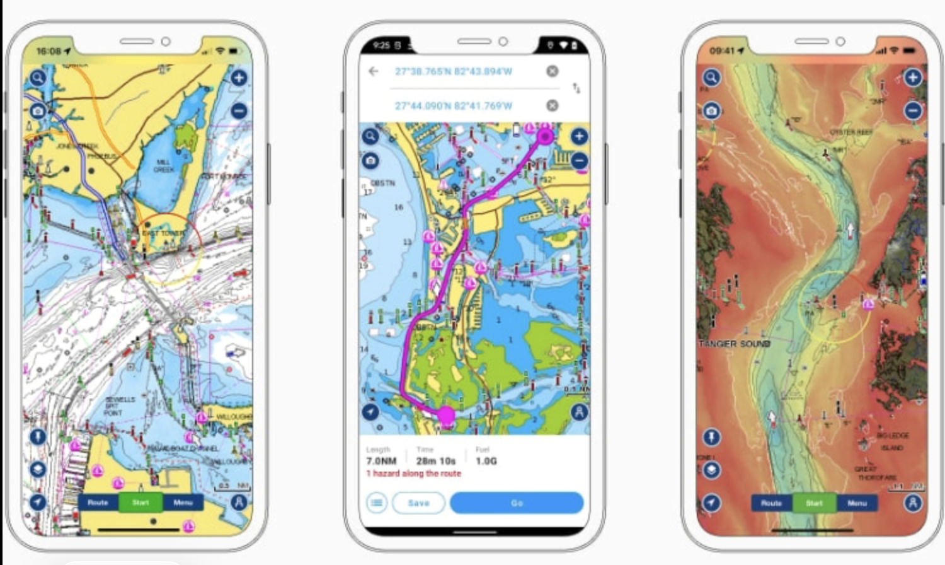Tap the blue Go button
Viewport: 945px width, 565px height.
[x=517, y=503]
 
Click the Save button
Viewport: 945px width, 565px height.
[x=418, y=503]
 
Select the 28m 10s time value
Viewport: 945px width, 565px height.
[x=435, y=461]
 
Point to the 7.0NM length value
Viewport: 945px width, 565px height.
[x=381, y=461]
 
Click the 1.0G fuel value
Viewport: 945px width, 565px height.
[x=486, y=461]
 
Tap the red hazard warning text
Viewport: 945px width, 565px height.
[x=414, y=473]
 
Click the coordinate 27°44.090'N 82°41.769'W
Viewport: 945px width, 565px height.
[x=453, y=105]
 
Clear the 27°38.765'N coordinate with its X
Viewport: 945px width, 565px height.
[x=552, y=71]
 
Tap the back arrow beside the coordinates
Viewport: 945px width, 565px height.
[x=374, y=71]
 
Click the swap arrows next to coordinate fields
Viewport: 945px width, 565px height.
[x=576, y=88]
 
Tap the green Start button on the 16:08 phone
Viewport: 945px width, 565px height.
[x=140, y=503]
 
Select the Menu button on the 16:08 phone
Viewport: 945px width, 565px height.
[x=183, y=503]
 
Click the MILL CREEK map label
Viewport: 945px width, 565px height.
[x=164, y=166]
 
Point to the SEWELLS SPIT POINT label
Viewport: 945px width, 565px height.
[x=119, y=405]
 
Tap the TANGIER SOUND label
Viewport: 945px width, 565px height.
[x=735, y=344]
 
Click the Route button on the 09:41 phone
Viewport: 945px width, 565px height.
[x=771, y=503]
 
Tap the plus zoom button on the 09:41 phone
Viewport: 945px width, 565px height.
[x=913, y=78]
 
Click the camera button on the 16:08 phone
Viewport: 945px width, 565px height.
[x=38, y=111]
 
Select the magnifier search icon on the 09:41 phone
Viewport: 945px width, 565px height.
[x=711, y=78]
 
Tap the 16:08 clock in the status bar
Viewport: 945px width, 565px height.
[x=49, y=51]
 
